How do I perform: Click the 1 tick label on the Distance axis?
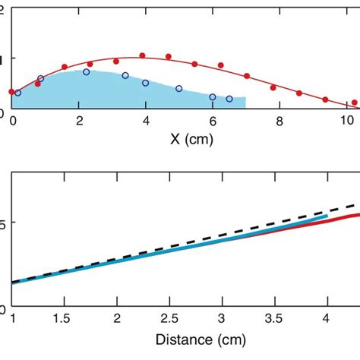coord(13,319)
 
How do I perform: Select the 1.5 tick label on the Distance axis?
coord(65,319)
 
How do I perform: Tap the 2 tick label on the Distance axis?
coord(118,319)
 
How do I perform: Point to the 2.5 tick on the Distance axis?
coord(170,319)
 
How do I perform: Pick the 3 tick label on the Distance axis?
coord(223,319)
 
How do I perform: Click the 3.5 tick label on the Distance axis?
coord(275,319)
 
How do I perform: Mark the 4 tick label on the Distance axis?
coord(327,319)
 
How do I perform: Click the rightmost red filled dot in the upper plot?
coord(355,103)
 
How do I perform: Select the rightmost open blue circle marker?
coord(229,99)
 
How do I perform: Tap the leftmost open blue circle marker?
coord(18,93)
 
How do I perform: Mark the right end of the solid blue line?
coord(327,217)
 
